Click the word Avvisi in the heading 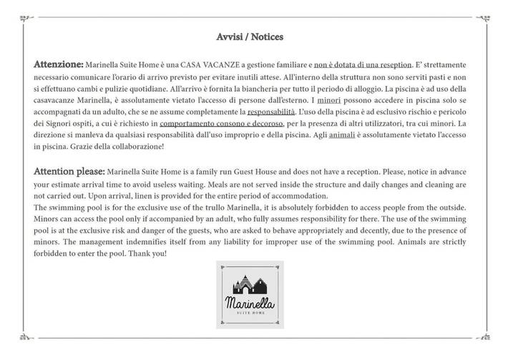click(x=230, y=36)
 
